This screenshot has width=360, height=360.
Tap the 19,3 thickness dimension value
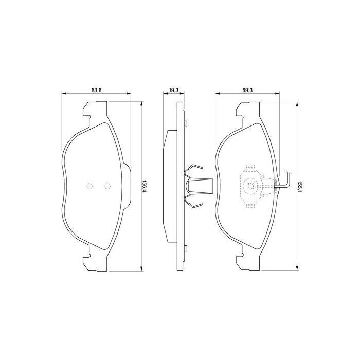click(x=174, y=90)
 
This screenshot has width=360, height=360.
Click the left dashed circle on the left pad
click(x=89, y=187)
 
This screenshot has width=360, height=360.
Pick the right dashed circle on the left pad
click(x=107, y=187)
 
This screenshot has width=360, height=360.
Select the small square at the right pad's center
click(x=251, y=187)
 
